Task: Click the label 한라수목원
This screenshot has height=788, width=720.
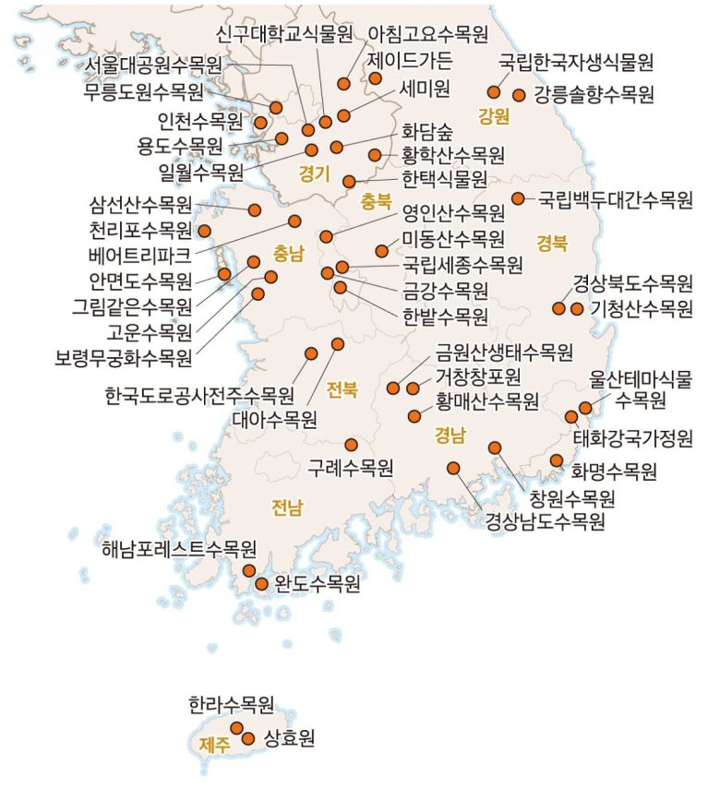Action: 231,707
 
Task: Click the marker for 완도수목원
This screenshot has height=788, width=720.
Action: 261,584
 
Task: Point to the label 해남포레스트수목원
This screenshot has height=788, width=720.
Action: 179,551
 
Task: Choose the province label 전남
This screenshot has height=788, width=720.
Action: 286,506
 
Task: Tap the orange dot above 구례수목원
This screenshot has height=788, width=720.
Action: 351,445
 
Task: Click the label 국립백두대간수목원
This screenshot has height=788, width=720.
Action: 615,199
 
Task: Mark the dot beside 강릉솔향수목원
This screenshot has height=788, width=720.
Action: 518,94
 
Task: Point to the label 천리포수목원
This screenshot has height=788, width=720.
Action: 141,230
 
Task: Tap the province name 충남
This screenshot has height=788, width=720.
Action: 288,251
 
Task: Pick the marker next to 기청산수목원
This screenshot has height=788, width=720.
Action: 577,309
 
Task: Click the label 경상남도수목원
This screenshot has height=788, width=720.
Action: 546,522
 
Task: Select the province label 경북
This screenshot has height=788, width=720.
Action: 552,243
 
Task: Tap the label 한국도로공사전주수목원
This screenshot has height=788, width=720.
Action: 199,396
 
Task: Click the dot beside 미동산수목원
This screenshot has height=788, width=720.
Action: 382,251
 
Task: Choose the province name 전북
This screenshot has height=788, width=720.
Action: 342,389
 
